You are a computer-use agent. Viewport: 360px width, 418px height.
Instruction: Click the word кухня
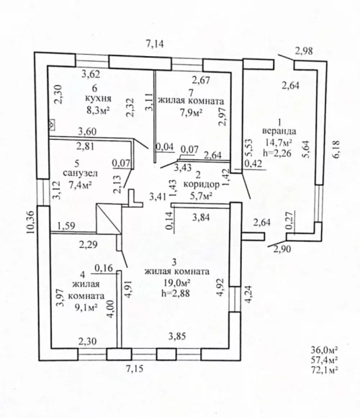tap(98, 99)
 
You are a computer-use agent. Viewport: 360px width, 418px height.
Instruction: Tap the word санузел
tap(80, 174)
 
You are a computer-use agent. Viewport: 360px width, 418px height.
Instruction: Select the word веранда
tap(279, 131)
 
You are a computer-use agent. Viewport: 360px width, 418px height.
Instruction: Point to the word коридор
tap(202, 184)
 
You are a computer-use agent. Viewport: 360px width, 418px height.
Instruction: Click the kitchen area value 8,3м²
tap(98, 110)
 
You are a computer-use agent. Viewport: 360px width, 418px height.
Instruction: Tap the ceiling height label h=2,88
tap(176, 293)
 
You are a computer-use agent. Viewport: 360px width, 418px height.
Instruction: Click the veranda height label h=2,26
tap(277, 153)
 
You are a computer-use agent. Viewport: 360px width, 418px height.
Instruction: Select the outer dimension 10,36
tap(31, 222)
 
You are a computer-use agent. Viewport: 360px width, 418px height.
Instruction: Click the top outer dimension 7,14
tap(155, 43)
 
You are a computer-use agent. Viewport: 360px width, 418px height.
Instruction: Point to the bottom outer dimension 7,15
tap(135, 369)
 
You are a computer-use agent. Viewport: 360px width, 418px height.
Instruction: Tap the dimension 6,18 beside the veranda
tap(336, 150)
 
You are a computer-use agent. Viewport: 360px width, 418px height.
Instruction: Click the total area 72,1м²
tap(324, 370)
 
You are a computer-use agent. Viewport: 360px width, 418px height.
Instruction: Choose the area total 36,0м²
tap(324, 350)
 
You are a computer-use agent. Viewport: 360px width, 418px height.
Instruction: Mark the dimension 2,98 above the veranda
tap(304, 50)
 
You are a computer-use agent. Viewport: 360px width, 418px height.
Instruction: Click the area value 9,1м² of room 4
tap(86, 307)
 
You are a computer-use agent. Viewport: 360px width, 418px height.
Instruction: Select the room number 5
tap(77, 163)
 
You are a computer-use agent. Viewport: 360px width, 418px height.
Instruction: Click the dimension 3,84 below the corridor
tap(201, 218)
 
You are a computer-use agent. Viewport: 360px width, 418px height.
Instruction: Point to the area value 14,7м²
tap(278, 142)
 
